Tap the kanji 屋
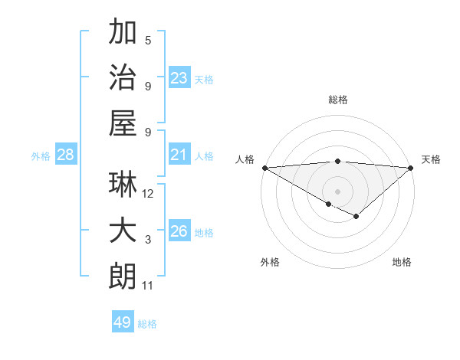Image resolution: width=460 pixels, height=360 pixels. (x=123, y=122)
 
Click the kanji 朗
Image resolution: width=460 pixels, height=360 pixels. (x=123, y=276)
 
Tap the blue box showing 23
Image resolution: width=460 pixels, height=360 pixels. (x=179, y=77)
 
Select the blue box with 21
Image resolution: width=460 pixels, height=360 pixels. (x=179, y=155)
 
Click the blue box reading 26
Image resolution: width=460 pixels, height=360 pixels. (x=179, y=231)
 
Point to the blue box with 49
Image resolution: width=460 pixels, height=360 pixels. (x=123, y=322)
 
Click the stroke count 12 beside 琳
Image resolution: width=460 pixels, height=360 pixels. (x=148, y=194)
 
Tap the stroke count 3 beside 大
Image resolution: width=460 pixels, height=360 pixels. (x=148, y=240)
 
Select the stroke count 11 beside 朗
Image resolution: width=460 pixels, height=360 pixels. (x=148, y=286)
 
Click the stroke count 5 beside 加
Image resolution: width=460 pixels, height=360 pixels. (x=148, y=41)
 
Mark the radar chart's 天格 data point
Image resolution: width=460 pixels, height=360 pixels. (x=411, y=167)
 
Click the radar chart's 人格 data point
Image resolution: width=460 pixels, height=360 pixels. (x=264, y=167)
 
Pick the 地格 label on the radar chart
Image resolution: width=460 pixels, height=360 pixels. (x=402, y=262)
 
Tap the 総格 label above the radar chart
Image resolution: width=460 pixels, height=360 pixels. (x=337, y=100)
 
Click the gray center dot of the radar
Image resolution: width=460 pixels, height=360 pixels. (x=337, y=191)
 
